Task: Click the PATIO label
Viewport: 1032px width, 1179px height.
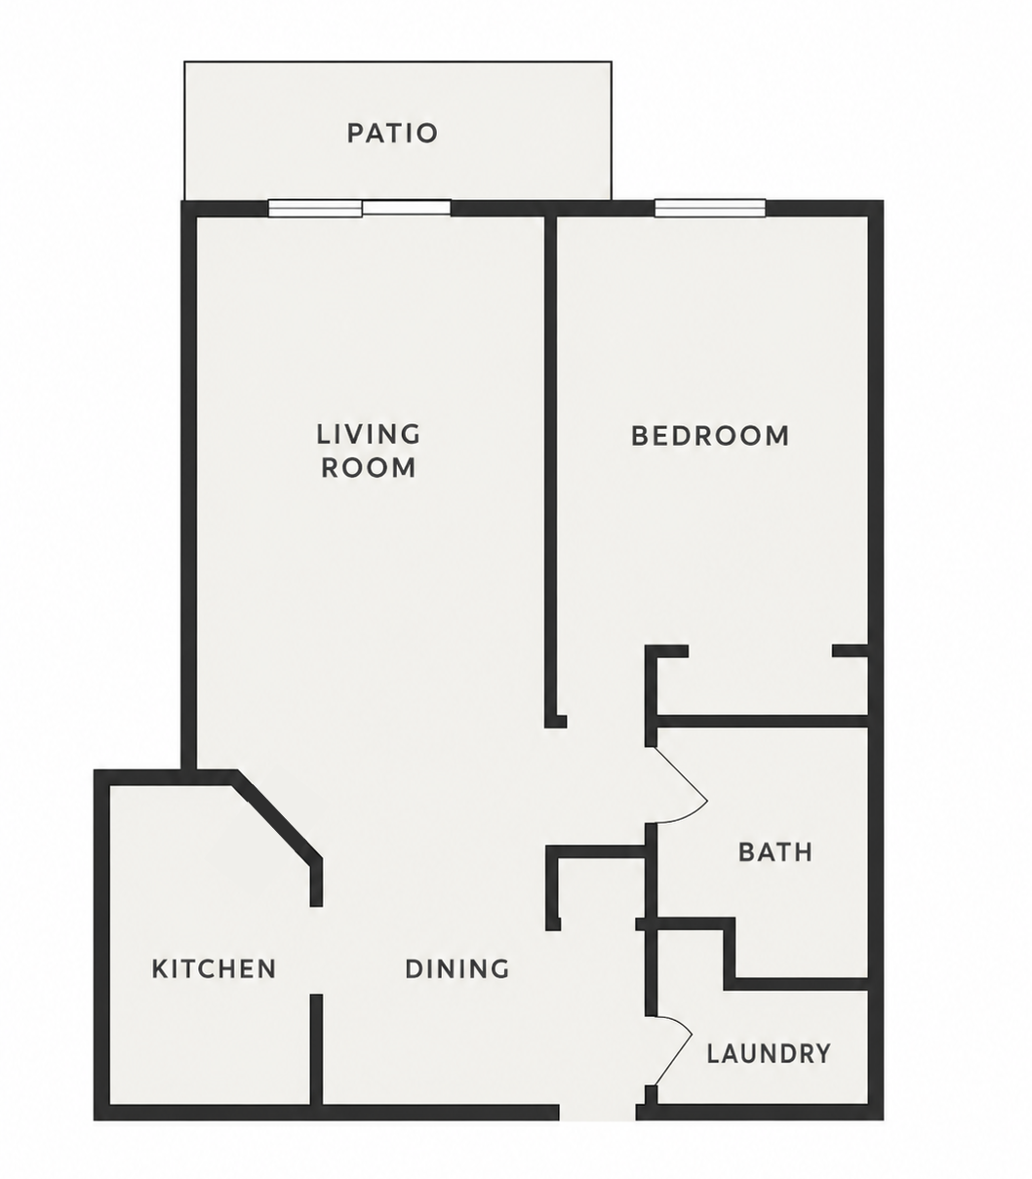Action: tap(392, 133)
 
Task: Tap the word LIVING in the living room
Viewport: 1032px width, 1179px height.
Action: tap(369, 435)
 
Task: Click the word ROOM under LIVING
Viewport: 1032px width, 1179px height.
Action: tap(369, 467)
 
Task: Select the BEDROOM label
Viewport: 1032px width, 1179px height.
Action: tap(710, 436)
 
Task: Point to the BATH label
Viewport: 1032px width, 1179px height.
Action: tap(775, 852)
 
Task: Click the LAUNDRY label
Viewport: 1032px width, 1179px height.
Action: tap(769, 1054)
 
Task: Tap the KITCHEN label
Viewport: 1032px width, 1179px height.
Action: tap(214, 969)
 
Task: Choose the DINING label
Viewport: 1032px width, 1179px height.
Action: tap(456, 969)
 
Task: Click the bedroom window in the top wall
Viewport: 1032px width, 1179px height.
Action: tap(710, 208)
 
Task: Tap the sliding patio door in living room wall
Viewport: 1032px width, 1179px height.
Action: tap(360, 208)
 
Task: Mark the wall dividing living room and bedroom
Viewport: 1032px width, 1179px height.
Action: tap(551, 470)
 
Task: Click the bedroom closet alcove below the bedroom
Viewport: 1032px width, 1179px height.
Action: tap(762, 685)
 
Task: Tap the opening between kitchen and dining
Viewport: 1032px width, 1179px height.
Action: tap(316, 951)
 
